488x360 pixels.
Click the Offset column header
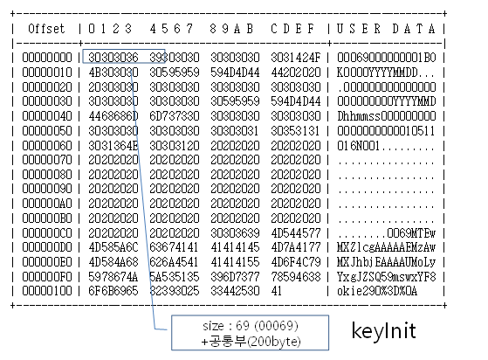46,29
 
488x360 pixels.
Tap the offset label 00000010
47,73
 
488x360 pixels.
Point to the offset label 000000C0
47,232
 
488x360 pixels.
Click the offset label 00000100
47,291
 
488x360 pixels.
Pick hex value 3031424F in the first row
295,58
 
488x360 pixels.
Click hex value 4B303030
113,73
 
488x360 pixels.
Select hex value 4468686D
113,116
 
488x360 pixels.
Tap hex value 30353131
295,130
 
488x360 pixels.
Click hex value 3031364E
113,145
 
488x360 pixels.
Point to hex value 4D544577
295,232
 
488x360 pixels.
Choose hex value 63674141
174,247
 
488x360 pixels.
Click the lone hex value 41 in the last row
277,291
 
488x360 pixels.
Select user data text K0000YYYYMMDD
377,73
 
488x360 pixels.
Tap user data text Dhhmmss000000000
386,116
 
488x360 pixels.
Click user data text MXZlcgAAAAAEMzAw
386,247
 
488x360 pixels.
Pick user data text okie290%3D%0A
377,291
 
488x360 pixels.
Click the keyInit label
384,330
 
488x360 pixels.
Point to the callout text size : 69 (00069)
251,326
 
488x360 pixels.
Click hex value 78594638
295,276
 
